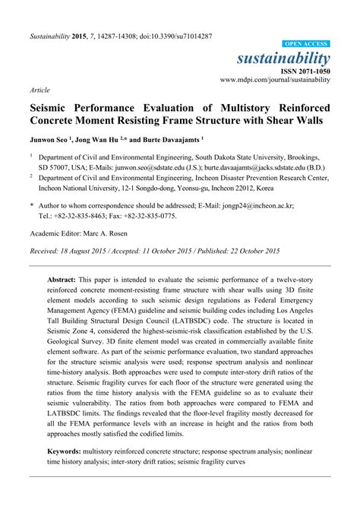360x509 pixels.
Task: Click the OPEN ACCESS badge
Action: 306,45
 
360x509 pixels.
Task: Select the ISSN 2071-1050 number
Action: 304,70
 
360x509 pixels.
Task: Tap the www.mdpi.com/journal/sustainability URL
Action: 275,79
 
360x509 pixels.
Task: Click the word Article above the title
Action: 40,89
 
